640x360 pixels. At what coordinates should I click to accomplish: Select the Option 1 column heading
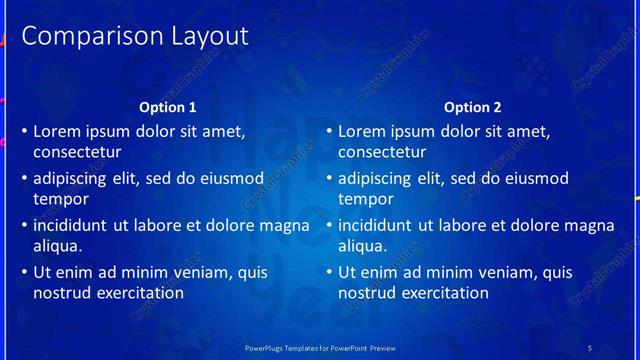click(x=168, y=107)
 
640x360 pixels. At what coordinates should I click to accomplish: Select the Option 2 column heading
click(x=473, y=107)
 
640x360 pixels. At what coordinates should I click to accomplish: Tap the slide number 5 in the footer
click(x=590, y=347)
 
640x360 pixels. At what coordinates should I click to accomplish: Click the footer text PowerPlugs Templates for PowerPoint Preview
click(x=320, y=347)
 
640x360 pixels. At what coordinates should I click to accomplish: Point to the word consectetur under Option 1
click(x=77, y=153)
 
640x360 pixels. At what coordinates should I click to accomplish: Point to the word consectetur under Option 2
click(x=382, y=153)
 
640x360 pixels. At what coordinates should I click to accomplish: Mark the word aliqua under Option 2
click(x=362, y=246)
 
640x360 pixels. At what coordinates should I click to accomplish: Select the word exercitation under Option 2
click(x=441, y=293)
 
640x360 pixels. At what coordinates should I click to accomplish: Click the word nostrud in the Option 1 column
click(x=63, y=293)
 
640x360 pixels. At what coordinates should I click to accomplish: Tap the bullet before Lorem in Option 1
click(x=24, y=132)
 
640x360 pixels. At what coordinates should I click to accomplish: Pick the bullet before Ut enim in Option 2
click(x=329, y=273)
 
